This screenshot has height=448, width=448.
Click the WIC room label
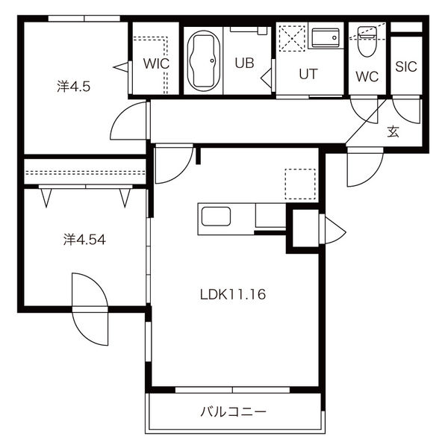click(x=156, y=63)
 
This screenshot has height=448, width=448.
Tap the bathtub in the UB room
click(x=204, y=60)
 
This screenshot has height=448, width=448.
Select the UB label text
click(x=245, y=63)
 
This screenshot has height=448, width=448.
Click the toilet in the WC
click(x=367, y=41)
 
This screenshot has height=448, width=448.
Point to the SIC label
click(x=406, y=66)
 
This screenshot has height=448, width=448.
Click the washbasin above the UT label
click(x=326, y=38)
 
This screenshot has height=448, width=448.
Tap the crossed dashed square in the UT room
click(x=292, y=38)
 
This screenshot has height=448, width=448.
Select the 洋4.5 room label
click(x=74, y=87)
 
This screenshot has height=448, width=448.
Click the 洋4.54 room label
click(x=84, y=240)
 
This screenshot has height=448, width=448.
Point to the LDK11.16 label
click(x=233, y=294)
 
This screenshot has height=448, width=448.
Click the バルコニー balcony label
click(x=233, y=412)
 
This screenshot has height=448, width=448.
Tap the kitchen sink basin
click(x=216, y=217)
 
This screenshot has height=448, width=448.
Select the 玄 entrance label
click(x=393, y=131)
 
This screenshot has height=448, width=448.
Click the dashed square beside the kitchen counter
click(x=300, y=184)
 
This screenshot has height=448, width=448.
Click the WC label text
click(x=367, y=77)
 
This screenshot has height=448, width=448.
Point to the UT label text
click(x=308, y=74)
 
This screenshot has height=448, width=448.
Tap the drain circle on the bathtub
click(x=212, y=60)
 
